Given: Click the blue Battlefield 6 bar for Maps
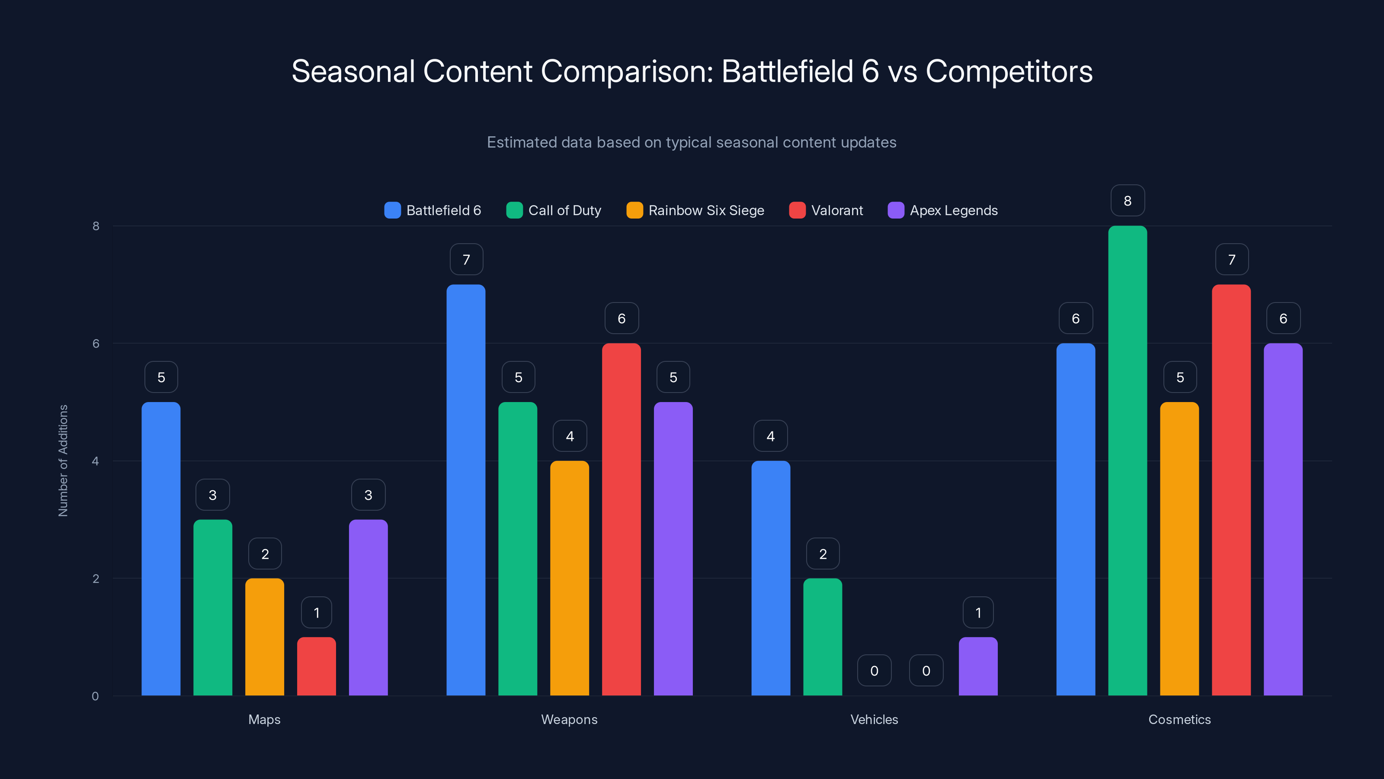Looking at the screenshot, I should tap(160, 548).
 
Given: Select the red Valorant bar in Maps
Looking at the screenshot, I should tap(317, 666).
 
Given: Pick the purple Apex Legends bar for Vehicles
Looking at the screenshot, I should tap(978, 666).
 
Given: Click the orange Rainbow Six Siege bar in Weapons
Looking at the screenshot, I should tap(570, 578).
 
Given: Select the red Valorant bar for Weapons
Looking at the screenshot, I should tap(621, 519).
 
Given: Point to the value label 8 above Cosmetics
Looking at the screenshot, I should tap(1127, 200).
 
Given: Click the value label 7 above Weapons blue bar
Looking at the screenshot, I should tap(466, 260).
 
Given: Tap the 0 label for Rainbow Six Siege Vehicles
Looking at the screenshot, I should tap(874, 670).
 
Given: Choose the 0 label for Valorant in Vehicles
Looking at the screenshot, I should tap(926, 670).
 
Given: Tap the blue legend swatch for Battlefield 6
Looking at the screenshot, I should tap(392, 210).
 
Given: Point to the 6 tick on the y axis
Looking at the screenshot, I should tap(96, 344).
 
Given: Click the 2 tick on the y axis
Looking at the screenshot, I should tap(96, 579).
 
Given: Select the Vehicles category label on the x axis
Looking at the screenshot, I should tap(874, 719).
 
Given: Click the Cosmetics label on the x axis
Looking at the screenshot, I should tap(1179, 719).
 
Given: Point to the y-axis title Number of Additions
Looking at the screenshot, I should tap(63, 461).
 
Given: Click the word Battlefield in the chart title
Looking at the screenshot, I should tap(787, 71).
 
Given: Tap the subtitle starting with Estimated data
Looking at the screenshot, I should tap(692, 142).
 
